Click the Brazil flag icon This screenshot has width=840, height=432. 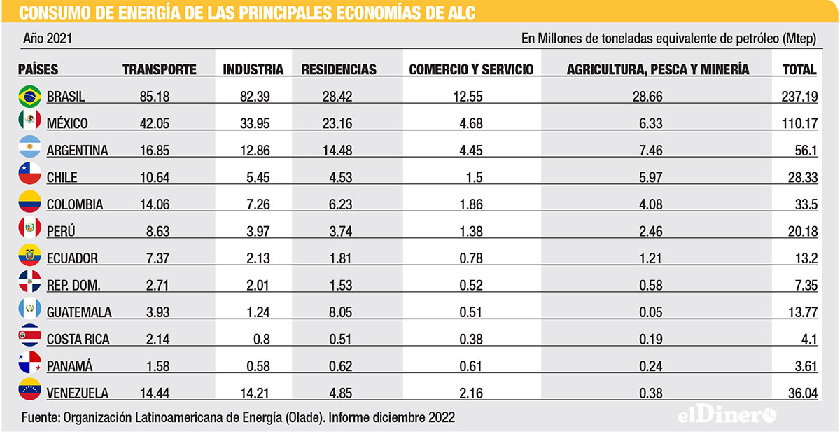pyautogui.click(x=29, y=96)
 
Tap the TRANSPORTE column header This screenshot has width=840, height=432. pyautogui.click(x=159, y=69)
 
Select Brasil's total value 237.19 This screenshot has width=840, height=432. pyautogui.click(x=799, y=97)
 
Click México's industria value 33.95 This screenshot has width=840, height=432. pyautogui.click(x=255, y=123)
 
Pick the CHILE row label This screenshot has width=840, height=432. pyautogui.click(x=62, y=177)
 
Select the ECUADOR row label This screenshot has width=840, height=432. pyautogui.click(x=72, y=258)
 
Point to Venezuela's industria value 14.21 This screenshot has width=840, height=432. pyautogui.click(x=255, y=393)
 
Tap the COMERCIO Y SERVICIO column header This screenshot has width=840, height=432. pyautogui.click(x=470, y=69)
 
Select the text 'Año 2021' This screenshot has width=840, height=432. pyautogui.click(x=48, y=39)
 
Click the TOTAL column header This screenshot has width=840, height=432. pyautogui.click(x=799, y=69)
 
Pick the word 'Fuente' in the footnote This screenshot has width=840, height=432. pyautogui.click(x=39, y=417)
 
